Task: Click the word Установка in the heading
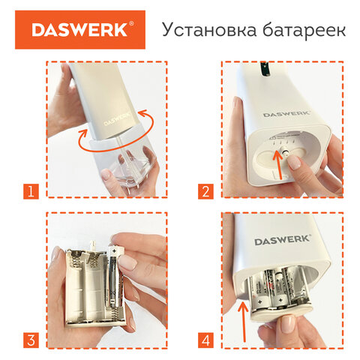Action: point(209,30)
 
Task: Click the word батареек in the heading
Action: point(304,30)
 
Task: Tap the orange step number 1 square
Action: point(31,191)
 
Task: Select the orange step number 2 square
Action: point(205,191)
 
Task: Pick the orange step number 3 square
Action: point(31,340)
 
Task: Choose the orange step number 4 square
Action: point(205,340)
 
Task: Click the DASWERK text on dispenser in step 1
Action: point(117,119)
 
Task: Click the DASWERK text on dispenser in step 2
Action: point(286,114)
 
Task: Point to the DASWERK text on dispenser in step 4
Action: point(283,240)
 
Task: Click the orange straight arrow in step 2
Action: point(278,165)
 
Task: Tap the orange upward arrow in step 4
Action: point(243,322)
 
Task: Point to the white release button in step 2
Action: point(285,151)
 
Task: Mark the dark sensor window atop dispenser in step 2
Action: point(265,69)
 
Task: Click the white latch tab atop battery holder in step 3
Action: point(92,244)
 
